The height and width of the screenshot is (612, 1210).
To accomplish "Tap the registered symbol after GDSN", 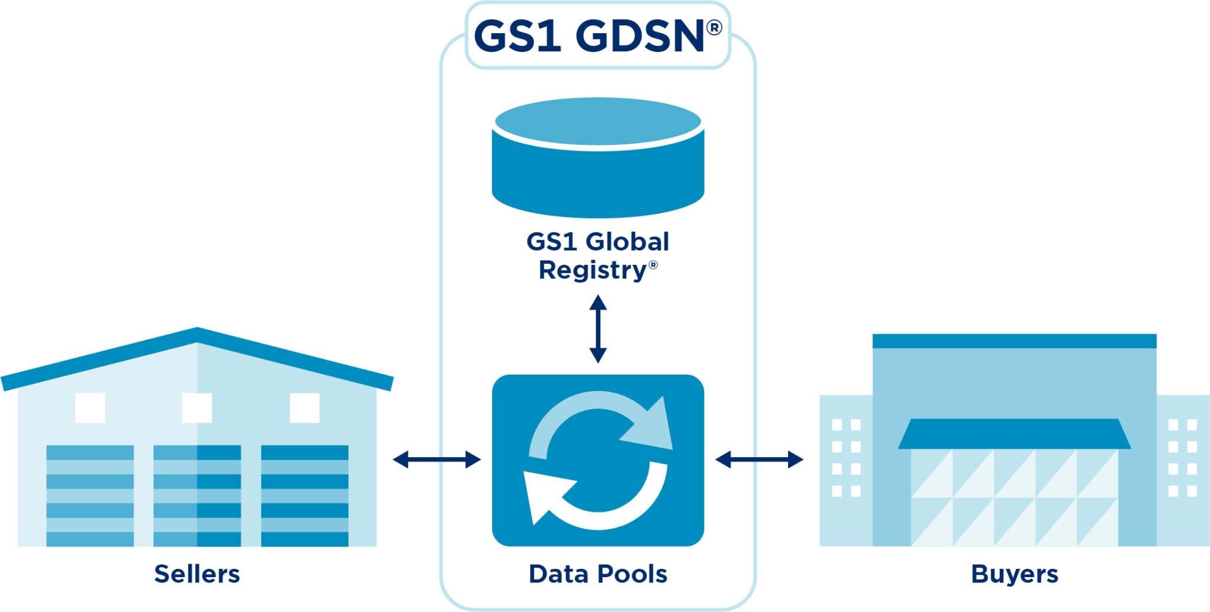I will pyautogui.click(x=714, y=28).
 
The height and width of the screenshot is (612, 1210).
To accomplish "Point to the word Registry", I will pyautogui.click(x=593, y=270).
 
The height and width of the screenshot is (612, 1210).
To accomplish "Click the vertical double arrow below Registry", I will pyautogui.click(x=598, y=329).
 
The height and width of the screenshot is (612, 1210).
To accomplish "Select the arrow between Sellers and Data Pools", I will pyautogui.click(x=437, y=459).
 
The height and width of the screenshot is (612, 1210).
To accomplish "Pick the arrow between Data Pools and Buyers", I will pyautogui.click(x=759, y=459).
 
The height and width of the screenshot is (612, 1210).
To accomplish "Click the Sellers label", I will pyautogui.click(x=197, y=574).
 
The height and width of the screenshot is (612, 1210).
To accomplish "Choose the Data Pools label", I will pyautogui.click(x=598, y=574).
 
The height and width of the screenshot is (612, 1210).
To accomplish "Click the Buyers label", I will pyautogui.click(x=1014, y=574).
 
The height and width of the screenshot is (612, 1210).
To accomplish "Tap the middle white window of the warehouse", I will pyautogui.click(x=197, y=408).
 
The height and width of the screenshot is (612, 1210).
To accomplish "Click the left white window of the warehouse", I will pyautogui.click(x=90, y=408).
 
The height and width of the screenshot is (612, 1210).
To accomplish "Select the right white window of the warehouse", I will pyautogui.click(x=304, y=408).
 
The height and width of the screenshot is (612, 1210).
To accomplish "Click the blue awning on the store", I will pyautogui.click(x=1014, y=434).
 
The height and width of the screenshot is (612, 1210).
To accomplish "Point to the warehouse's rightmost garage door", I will pyautogui.click(x=304, y=496).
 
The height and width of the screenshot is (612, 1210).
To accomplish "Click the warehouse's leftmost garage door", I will pyautogui.click(x=90, y=496).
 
